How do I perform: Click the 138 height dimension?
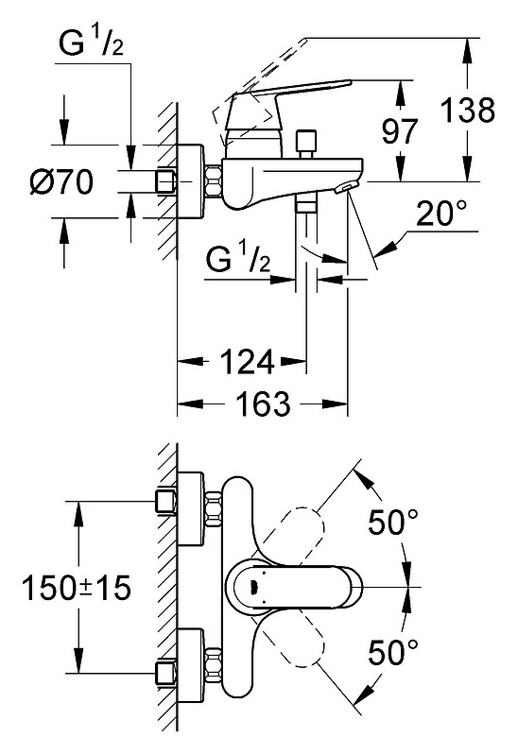(468, 110)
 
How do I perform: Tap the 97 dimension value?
(400, 131)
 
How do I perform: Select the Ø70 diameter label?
(61, 182)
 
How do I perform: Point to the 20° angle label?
(441, 214)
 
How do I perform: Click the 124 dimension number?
(248, 362)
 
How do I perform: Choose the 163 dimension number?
(263, 403)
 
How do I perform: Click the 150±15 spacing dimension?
(77, 588)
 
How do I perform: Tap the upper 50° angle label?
(393, 522)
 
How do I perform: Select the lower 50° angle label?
(393, 652)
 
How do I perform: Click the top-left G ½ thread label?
(91, 43)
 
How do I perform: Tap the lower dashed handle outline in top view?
(297, 640)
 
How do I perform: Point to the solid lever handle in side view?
(288, 91)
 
